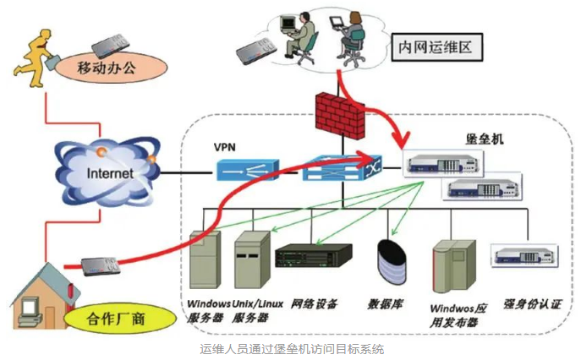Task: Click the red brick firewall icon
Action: coord(340,115)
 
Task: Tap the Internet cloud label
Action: coord(110,173)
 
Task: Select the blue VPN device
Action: coord(247,170)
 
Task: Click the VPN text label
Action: coord(225,147)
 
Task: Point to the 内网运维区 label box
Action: coord(437,47)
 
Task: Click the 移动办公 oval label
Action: coord(111,68)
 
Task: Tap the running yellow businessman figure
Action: coord(36,57)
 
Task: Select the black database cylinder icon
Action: coord(392,262)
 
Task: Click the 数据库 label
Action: coord(386,305)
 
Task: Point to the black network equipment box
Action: coord(314,255)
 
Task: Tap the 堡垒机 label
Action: coord(485,139)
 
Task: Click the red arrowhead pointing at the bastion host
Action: coord(402,140)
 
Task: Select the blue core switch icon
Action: coord(343,168)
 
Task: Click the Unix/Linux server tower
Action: coord(252,259)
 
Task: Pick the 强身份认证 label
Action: coord(533,304)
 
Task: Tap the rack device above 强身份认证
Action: coord(524,255)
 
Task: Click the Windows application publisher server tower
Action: coord(454,266)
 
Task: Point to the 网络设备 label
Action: coord(314,304)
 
